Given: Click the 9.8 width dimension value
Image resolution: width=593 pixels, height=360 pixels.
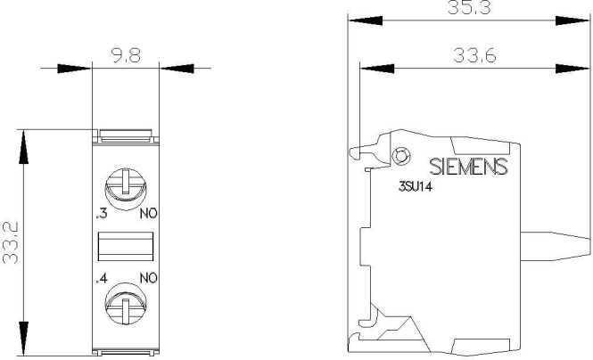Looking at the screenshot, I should [x=126, y=54].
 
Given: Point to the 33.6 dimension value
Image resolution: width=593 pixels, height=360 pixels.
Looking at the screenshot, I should [x=474, y=55].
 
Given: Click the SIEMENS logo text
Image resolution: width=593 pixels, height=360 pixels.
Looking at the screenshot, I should [x=468, y=167].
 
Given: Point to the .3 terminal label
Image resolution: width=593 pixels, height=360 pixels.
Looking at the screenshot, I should [x=101, y=215].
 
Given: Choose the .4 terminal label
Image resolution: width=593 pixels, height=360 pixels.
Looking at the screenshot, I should [x=101, y=277].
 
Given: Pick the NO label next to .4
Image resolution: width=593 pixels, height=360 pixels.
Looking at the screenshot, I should [x=148, y=277].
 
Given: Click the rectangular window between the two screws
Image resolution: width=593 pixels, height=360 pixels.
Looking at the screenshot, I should [x=126, y=245].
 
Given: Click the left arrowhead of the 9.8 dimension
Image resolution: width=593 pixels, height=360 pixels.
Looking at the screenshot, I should [x=78, y=68].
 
